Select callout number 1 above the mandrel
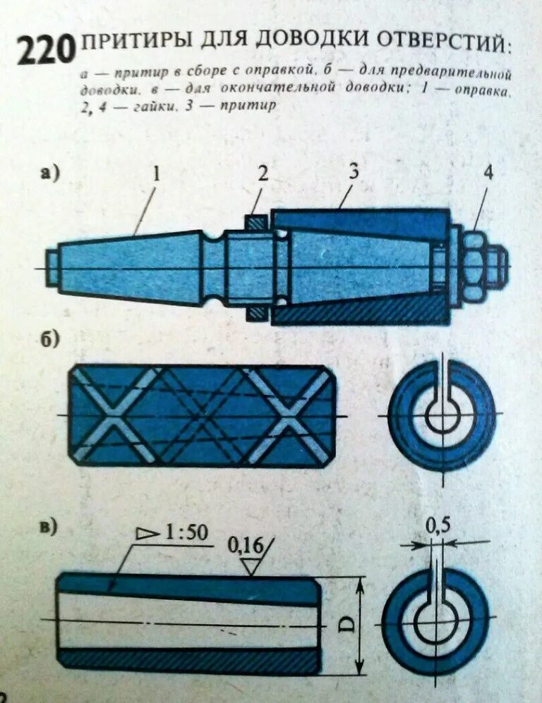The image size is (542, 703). click(157, 173)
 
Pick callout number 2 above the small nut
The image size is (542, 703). click(262, 173)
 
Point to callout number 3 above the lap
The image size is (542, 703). click(353, 171)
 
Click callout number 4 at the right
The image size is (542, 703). click(487, 173)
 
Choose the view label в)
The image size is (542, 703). click(50, 527)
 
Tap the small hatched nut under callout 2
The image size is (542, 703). click(256, 221)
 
